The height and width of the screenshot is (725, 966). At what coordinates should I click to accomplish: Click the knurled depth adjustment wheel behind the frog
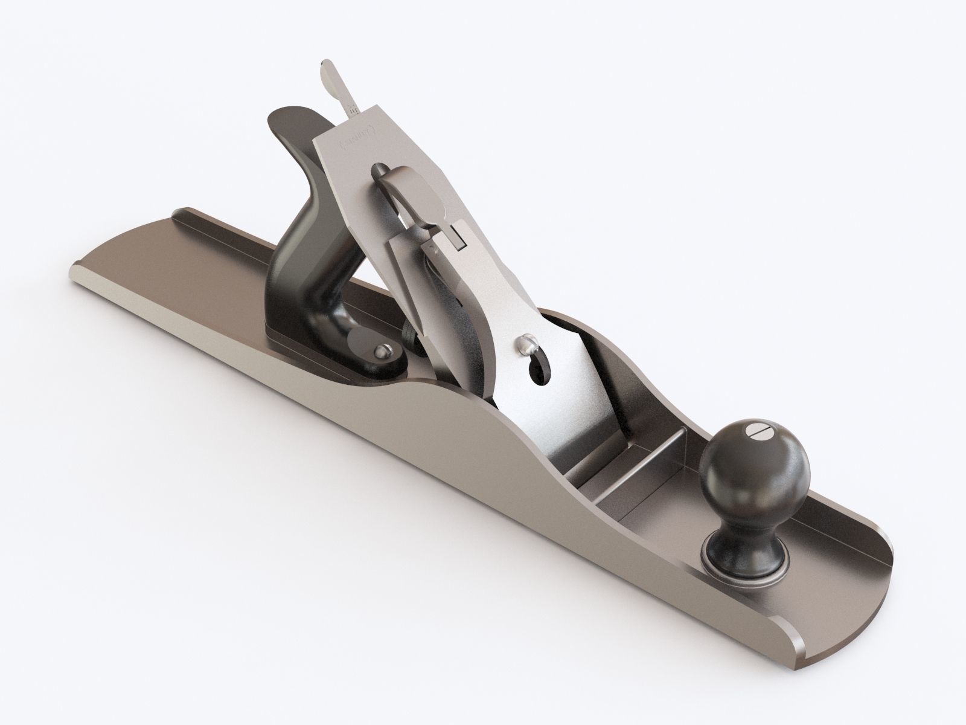[410, 332]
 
